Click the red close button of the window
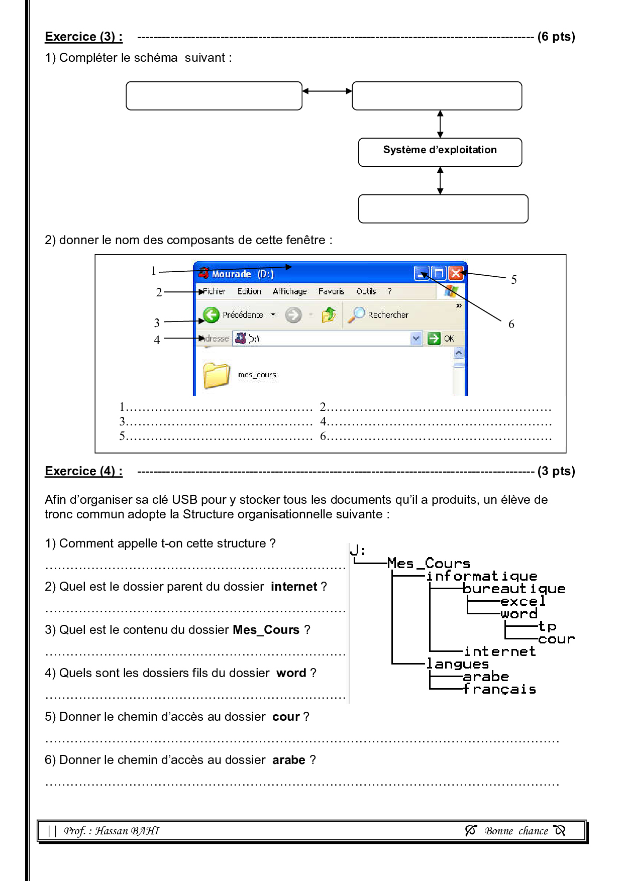click(455, 273)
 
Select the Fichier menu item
click(214, 291)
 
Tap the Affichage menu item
click(290, 291)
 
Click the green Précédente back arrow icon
click(212, 315)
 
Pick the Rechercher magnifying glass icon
click(357, 314)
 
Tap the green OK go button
click(434, 339)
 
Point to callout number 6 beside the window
click(511, 324)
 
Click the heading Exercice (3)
click(83, 37)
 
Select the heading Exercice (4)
click(83, 471)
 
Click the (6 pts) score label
click(556, 37)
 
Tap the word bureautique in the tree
click(513, 589)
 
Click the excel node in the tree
click(523, 601)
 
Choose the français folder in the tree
click(499, 689)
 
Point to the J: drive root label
click(358, 550)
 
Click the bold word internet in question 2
click(294, 587)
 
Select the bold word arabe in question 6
click(289, 760)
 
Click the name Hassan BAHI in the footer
click(127, 831)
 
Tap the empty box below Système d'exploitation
click(443, 208)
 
